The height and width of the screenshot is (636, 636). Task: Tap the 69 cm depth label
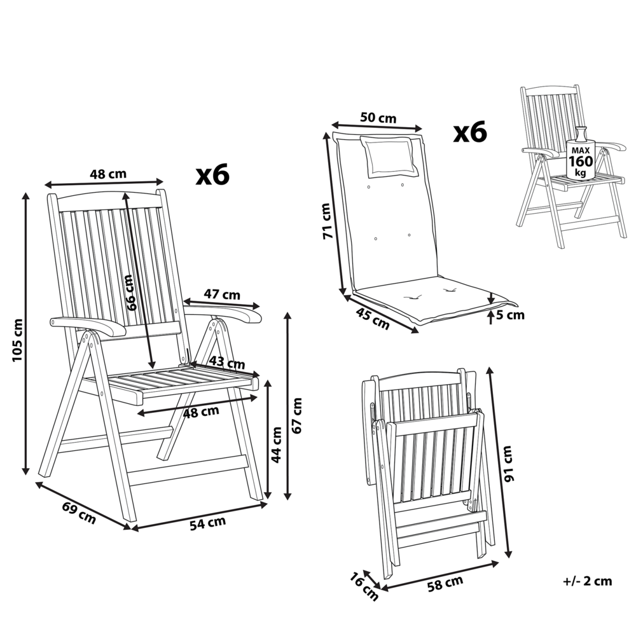(x=79, y=513)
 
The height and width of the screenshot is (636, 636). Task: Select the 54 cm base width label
(x=208, y=522)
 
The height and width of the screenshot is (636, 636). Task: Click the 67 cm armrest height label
(x=296, y=415)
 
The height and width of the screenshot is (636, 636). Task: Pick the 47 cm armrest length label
(x=222, y=294)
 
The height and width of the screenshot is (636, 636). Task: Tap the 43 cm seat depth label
(x=227, y=364)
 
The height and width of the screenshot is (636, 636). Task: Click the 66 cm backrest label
(x=132, y=292)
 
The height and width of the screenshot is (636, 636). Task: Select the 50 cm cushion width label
(x=378, y=118)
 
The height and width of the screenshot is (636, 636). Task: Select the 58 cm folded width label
(x=445, y=582)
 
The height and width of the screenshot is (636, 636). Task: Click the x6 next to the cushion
(x=469, y=132)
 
